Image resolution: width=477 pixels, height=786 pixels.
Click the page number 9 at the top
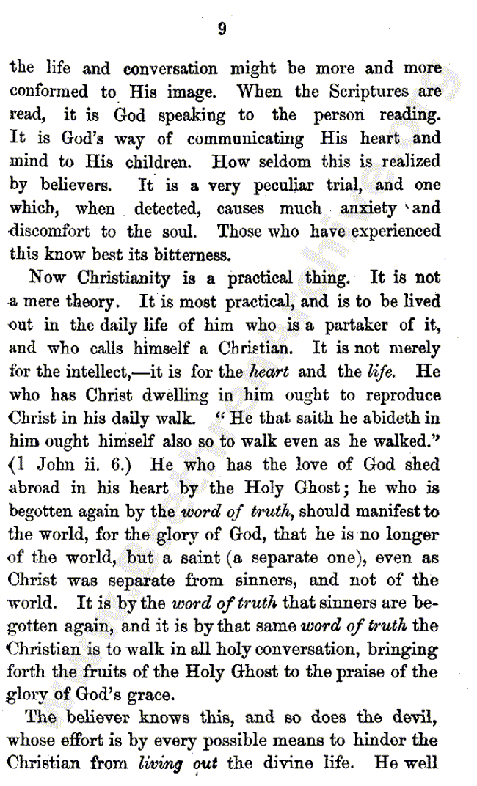[x=222, y=29]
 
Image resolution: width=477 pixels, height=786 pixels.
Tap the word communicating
[x=245, y=139]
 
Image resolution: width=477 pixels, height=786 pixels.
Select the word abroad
[x=36, y=488]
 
